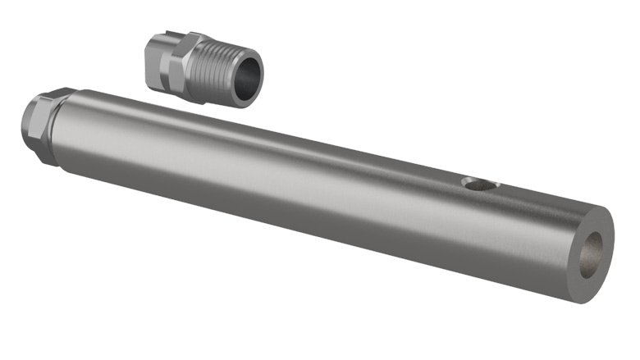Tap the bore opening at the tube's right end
tap(592, 253)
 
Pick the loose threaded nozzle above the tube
tap(201, 67)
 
